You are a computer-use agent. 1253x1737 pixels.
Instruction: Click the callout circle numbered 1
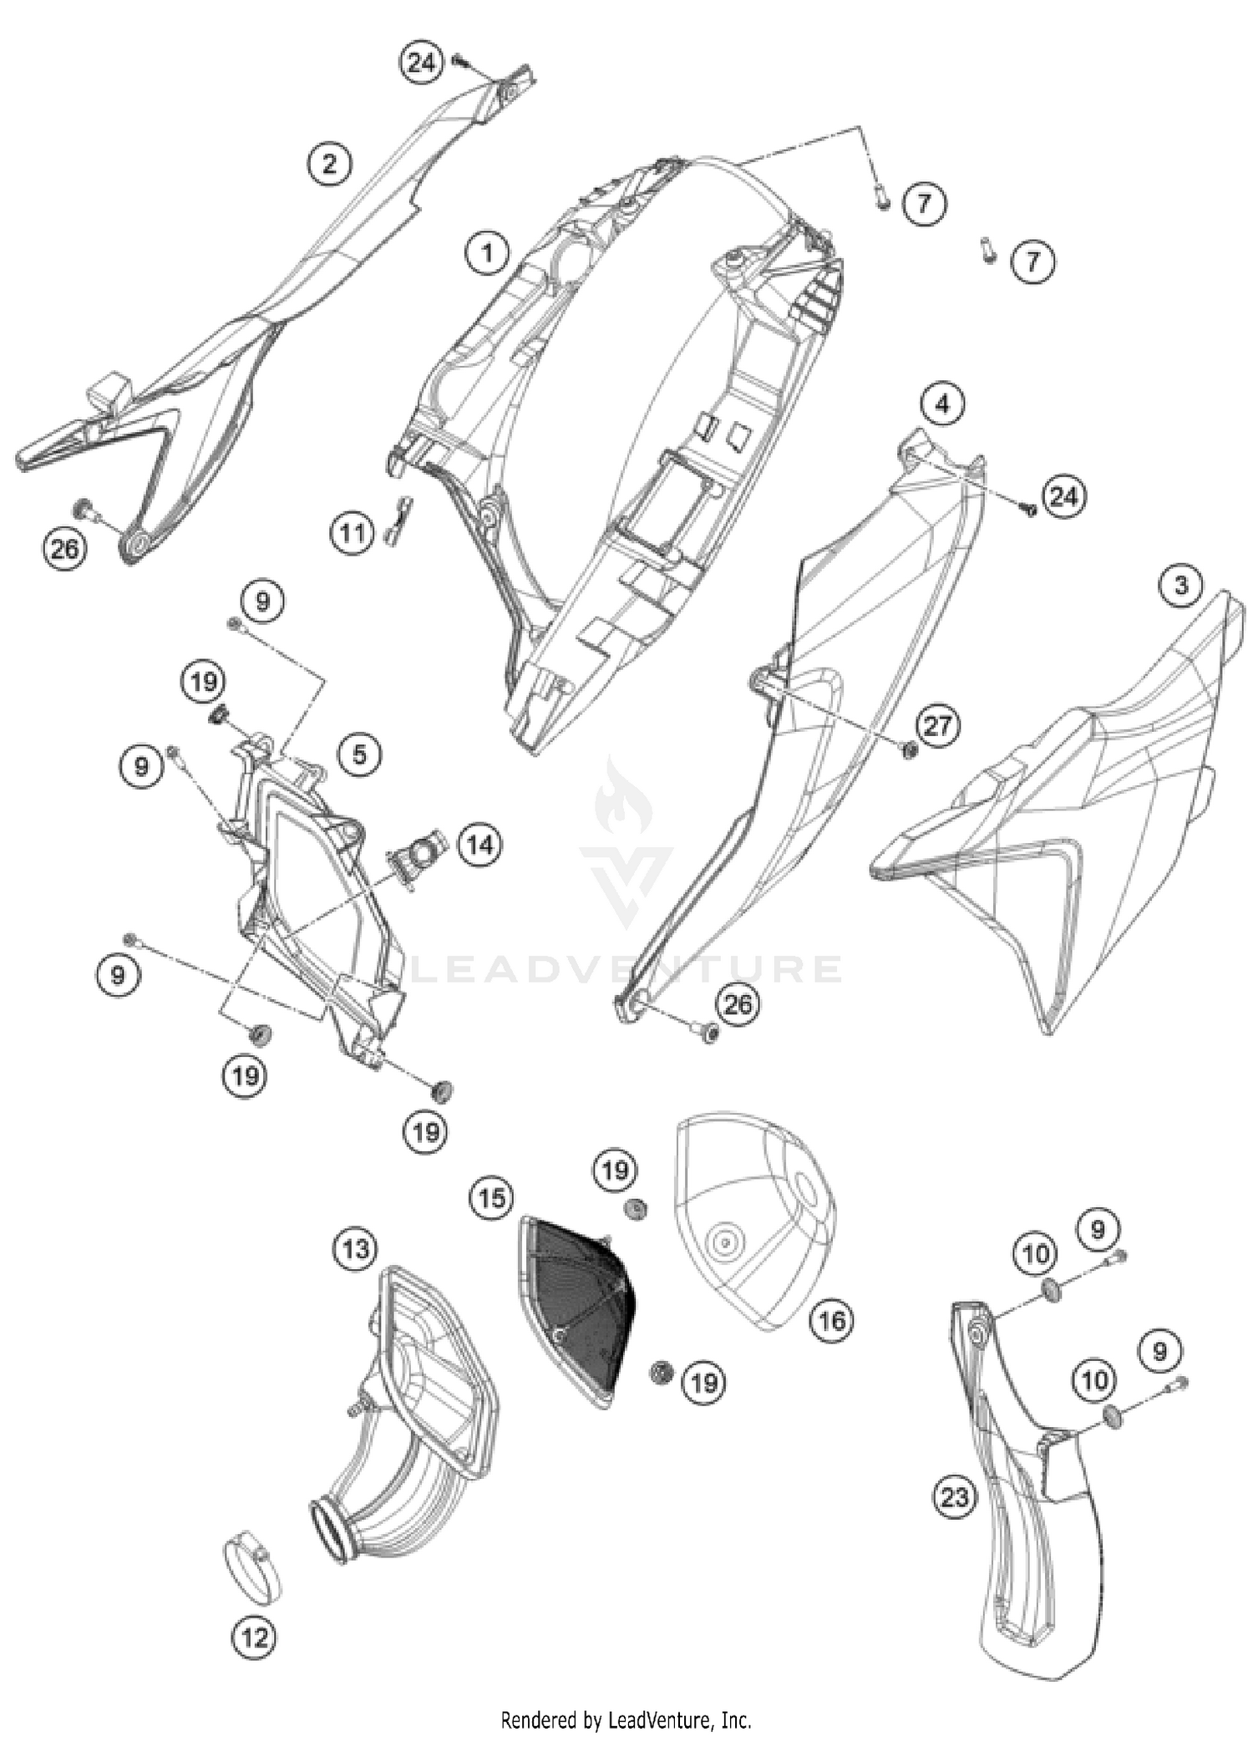tap(487, 251)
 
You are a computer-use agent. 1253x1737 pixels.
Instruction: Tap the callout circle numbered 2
tap(329, 163)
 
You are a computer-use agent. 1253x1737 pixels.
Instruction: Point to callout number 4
tap(942, 405)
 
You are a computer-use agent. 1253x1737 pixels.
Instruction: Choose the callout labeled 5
tap(359, 754)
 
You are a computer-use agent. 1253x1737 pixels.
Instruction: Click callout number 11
tap(353, 531)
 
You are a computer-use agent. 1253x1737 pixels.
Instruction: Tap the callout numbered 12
tap(255, 1637)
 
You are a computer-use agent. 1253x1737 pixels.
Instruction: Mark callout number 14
tap(479, 846)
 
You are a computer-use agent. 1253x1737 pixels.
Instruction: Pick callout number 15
tap(491, 1198)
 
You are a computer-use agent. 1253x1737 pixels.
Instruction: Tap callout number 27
tap(937, 725)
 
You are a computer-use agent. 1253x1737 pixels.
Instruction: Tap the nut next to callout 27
tap(909, 749)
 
